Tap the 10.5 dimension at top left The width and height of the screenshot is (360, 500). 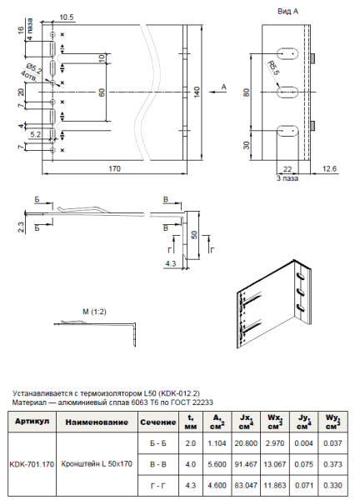pos(67,17)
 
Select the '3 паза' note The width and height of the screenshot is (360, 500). pos(288,177)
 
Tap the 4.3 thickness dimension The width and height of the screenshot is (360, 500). pos(170,263)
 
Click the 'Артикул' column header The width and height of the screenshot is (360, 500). pos(32,422)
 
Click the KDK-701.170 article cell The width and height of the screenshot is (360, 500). pos(32,464)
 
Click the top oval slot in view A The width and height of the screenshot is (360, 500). pos(286,54)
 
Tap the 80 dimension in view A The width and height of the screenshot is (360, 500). pos(247,92)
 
